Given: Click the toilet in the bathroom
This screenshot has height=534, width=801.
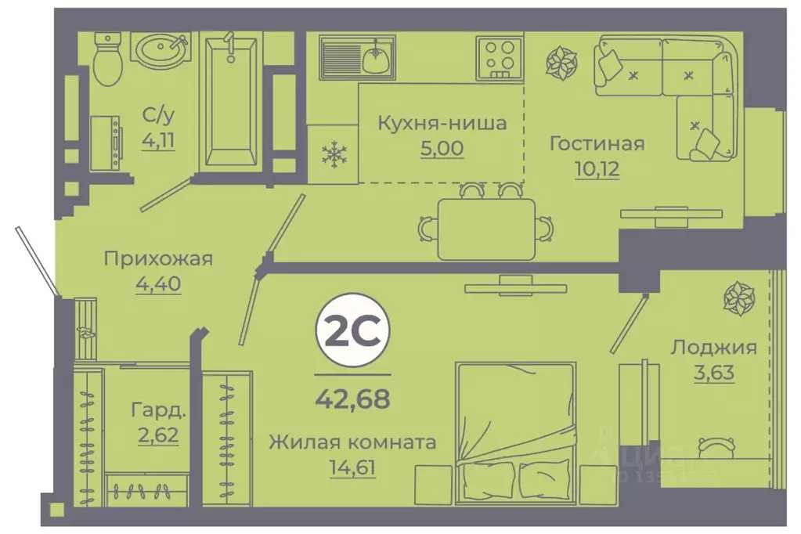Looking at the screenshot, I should (x=107, y=60).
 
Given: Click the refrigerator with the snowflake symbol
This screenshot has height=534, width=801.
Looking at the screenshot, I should (x=333, y=154).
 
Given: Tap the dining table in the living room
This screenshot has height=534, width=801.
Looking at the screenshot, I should (x=486, y=229).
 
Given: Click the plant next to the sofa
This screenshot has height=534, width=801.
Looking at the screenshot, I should (x=561, y=65).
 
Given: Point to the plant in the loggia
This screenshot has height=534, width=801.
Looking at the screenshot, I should (x=738, y=299).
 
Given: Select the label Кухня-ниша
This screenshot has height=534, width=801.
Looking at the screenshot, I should (x=442, y=123).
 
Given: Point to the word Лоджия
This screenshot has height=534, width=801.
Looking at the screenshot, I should (x=713, y=347).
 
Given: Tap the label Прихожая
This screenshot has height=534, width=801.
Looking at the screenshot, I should (x=158, y=259).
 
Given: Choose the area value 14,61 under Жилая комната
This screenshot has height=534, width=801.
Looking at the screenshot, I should (x=352, y=468).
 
